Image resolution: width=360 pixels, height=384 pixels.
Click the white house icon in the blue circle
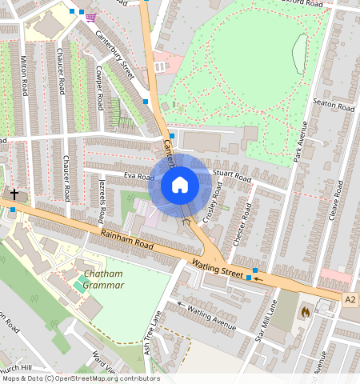point(180,185)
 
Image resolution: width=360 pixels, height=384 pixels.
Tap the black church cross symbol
point(14,194)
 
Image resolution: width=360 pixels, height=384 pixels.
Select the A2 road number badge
point(350,299)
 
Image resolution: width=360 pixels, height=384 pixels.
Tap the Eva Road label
point(138,176)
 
